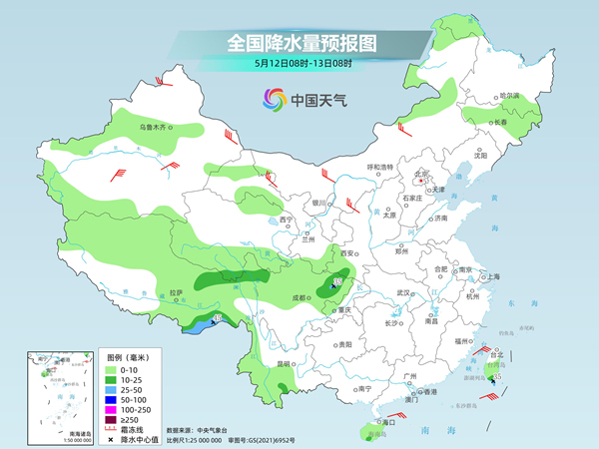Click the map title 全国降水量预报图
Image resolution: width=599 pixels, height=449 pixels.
click(299, 43)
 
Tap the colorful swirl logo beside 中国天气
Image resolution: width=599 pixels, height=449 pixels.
click(273, 99)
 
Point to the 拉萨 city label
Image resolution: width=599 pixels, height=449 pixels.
click(176, 292)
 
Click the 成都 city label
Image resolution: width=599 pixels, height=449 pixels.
click(300, 296)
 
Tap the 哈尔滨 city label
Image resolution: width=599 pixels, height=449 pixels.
click(509, 95)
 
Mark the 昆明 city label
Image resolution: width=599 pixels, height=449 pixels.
click(287, 364)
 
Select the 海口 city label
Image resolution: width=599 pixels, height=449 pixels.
click(383, 423)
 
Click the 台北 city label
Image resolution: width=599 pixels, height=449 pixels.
click(494, 355)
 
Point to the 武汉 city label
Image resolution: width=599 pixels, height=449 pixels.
click(403, 292)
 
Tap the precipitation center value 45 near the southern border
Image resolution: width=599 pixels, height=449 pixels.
click(217, 319)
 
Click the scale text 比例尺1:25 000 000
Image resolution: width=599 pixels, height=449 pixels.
click(201, 438)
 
